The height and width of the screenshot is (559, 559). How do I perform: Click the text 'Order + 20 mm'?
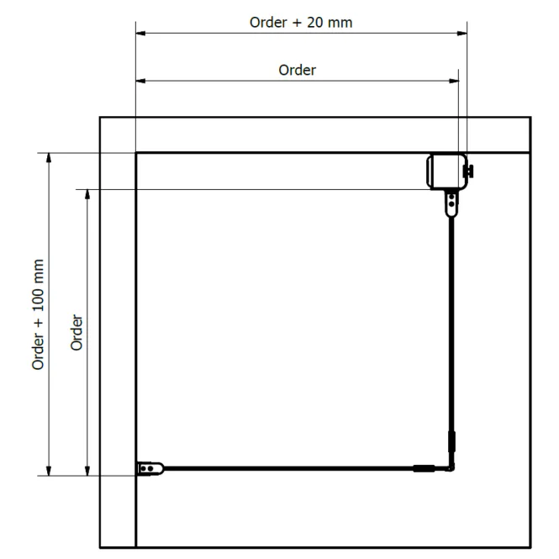pyautogui.click(x=301, y=23)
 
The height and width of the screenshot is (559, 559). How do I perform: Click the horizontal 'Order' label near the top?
pyautogui.click(x=297, y=71)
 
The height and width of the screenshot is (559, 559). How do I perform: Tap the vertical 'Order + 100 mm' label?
pyautogui.click(x=38, y=314)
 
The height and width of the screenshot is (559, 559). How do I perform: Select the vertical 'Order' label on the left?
pyautogui.click(x=76, y=332)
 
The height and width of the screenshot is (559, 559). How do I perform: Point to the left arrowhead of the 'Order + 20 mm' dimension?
pyautogui.click(x=141, y=33)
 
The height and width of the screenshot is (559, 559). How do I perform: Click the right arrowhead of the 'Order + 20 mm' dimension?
pyautogui.click(x=462, y=33)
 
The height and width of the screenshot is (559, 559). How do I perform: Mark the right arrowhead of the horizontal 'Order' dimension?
pyautogui.click(x=454, y=81)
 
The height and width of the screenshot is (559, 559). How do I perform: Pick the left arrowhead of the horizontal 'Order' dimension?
pyautogui.click(x=141, y=81)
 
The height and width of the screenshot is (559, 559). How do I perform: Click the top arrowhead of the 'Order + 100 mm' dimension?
pyautogui.click(x=49, y=158)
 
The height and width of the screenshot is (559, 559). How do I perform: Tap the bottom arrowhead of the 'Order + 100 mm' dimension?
pyautogui.click(x=49, y=471)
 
